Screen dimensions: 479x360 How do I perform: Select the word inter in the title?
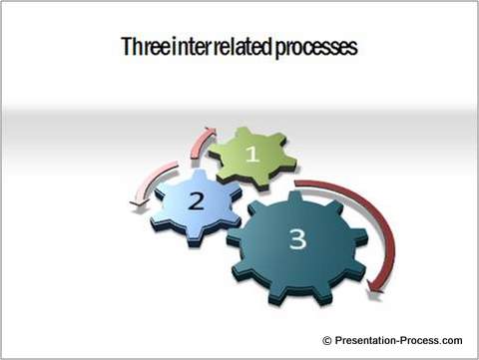190,47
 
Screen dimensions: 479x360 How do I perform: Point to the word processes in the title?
316,49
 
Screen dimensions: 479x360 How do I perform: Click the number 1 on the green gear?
252,154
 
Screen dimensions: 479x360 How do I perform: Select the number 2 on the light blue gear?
197,201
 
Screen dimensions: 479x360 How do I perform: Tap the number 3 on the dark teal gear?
297,238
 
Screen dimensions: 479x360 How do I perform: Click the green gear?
252,157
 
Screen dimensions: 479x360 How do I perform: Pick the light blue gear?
197,205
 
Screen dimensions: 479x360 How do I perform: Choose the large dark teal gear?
297,246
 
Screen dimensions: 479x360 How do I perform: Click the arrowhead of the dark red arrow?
373,287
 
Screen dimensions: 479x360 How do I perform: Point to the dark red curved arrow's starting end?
296,182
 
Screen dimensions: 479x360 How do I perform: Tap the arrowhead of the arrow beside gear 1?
211,132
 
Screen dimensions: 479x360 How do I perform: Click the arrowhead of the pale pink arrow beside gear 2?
137,202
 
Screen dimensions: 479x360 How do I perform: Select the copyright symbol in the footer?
327,341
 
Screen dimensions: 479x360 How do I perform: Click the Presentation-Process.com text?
398,340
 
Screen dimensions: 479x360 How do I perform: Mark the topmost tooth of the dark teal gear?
294,196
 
